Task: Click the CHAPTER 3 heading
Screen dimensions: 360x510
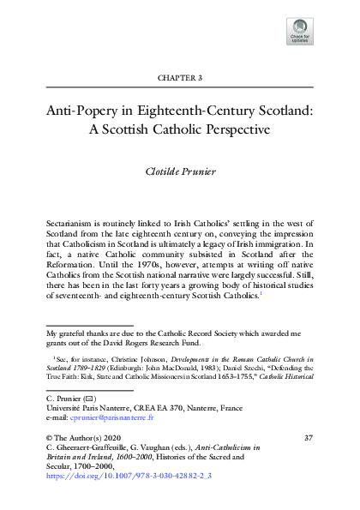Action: tap(179, 77)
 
